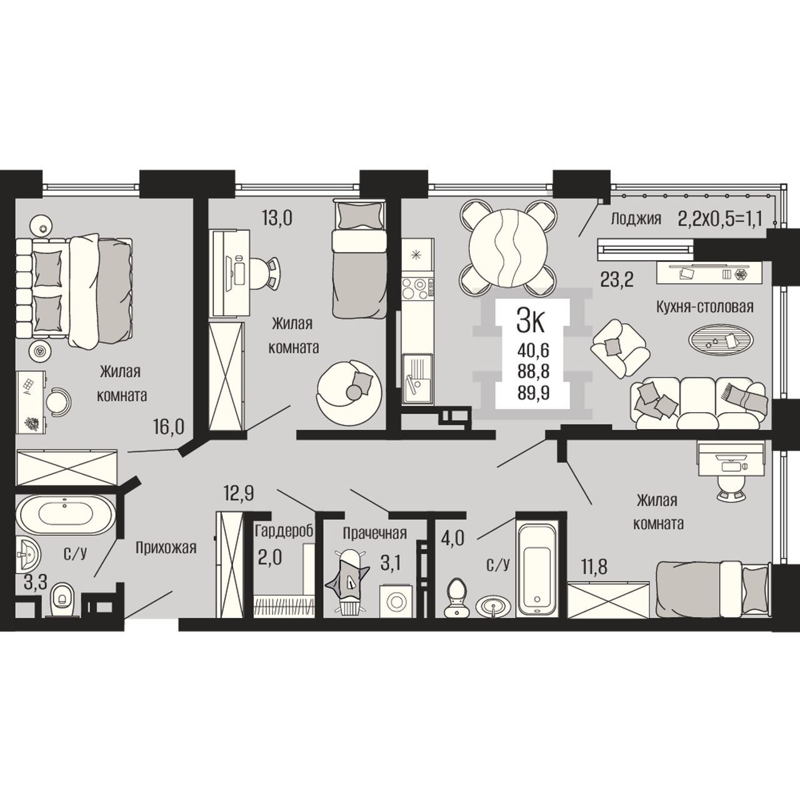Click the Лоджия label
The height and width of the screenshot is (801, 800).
636,219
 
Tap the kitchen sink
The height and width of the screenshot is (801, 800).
417,378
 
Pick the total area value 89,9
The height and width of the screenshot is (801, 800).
533,392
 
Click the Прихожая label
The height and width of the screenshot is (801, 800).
166,548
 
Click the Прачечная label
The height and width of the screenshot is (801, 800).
374,533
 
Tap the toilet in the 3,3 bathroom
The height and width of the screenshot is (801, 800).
62,600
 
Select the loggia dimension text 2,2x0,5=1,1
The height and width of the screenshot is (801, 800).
720,218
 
